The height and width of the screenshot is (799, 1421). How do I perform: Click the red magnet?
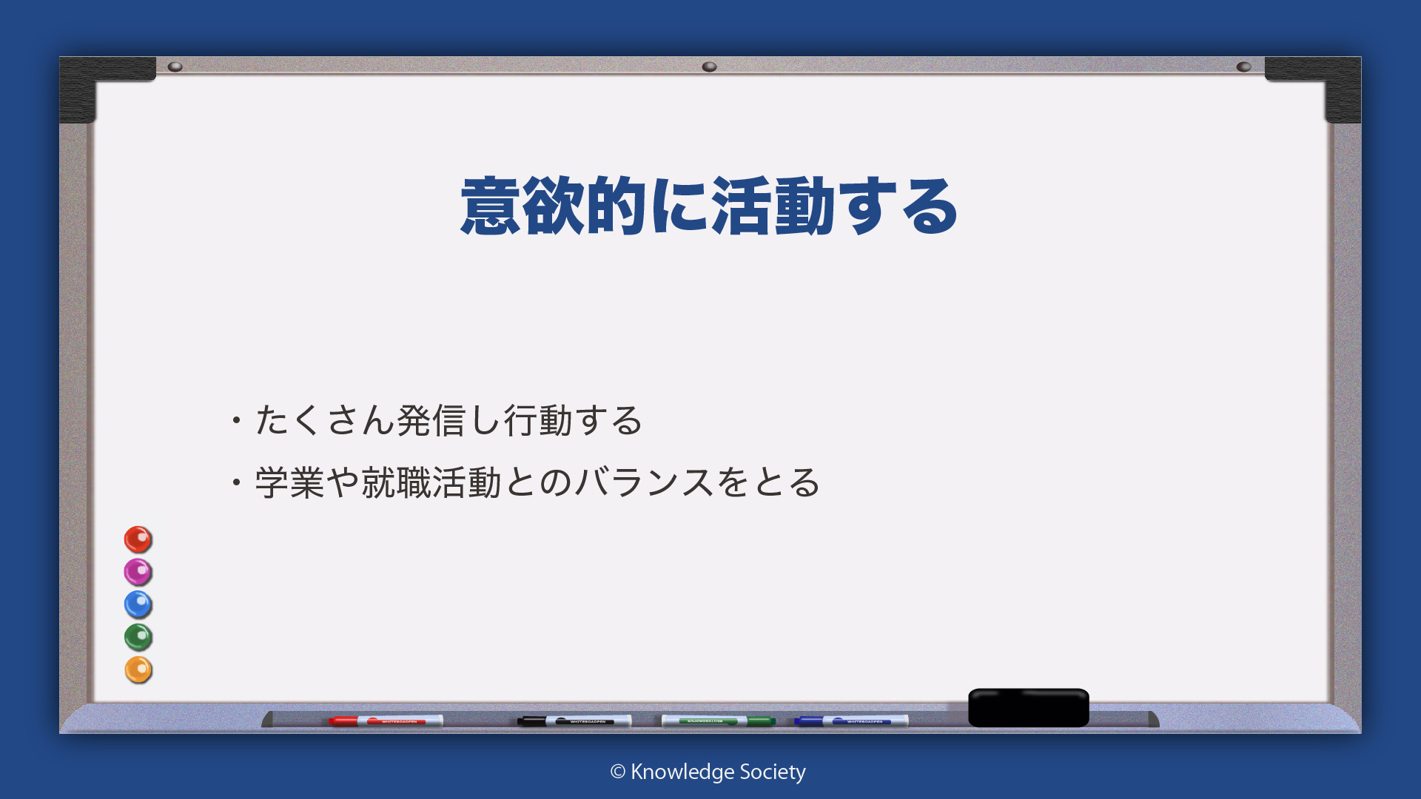(x=138, y=539)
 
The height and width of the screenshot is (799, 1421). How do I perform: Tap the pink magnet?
(x=138, y=572)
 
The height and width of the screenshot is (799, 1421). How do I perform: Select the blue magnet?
(x=138, y=604)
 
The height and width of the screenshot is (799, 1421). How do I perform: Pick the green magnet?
(x=138, y=637)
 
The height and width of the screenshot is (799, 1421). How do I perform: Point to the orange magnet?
(x=138, y=670)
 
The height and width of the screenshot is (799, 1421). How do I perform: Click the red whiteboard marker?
(x=386, y=721)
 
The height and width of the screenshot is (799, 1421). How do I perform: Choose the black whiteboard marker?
(x=574, y=721)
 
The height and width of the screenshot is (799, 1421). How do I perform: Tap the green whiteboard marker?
(x=718, y=721)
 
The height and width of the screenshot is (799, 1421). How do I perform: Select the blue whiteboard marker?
(x=851, y=721)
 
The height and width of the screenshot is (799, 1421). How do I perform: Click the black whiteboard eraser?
(x=1029, y=708)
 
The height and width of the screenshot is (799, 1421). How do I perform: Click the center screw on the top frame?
(x=709, y=67)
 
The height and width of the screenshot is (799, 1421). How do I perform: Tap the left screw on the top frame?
(x=175, y=67)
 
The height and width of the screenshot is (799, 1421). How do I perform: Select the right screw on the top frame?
(x=1243, y=67)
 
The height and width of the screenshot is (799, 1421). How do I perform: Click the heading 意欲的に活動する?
(x=709, y=206)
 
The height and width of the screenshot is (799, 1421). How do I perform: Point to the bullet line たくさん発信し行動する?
(x=437, y=420)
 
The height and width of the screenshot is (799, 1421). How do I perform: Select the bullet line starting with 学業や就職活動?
(x=526, y=482)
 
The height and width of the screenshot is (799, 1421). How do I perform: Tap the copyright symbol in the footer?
(x=618, y=772)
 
